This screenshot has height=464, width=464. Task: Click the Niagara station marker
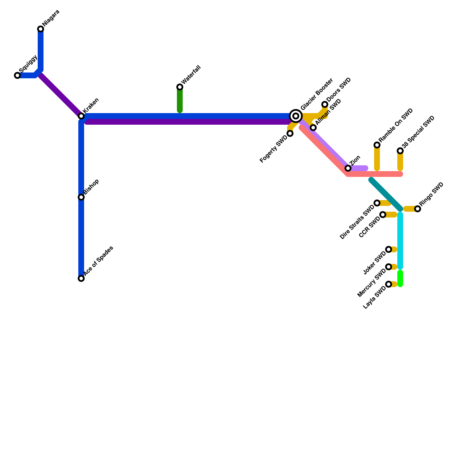41,29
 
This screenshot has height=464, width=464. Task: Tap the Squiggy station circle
17,75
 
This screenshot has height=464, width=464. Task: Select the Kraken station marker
81,116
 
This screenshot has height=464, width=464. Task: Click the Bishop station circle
81,197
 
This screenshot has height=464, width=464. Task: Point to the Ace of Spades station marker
81,278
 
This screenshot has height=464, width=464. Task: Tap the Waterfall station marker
180,87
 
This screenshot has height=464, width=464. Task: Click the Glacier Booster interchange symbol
296,116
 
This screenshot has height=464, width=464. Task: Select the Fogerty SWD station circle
290,133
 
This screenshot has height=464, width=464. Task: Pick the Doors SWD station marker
325,104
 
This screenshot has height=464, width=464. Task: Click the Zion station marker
348,168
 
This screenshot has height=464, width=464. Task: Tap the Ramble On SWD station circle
377,145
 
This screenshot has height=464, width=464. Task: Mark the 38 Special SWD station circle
400,151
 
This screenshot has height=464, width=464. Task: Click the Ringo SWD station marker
418,209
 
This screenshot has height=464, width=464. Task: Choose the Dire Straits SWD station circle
377,203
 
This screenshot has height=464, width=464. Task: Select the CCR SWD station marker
383,215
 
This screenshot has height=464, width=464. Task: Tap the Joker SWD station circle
389,249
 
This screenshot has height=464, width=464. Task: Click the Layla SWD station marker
389,284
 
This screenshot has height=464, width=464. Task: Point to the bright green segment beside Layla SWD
400,278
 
